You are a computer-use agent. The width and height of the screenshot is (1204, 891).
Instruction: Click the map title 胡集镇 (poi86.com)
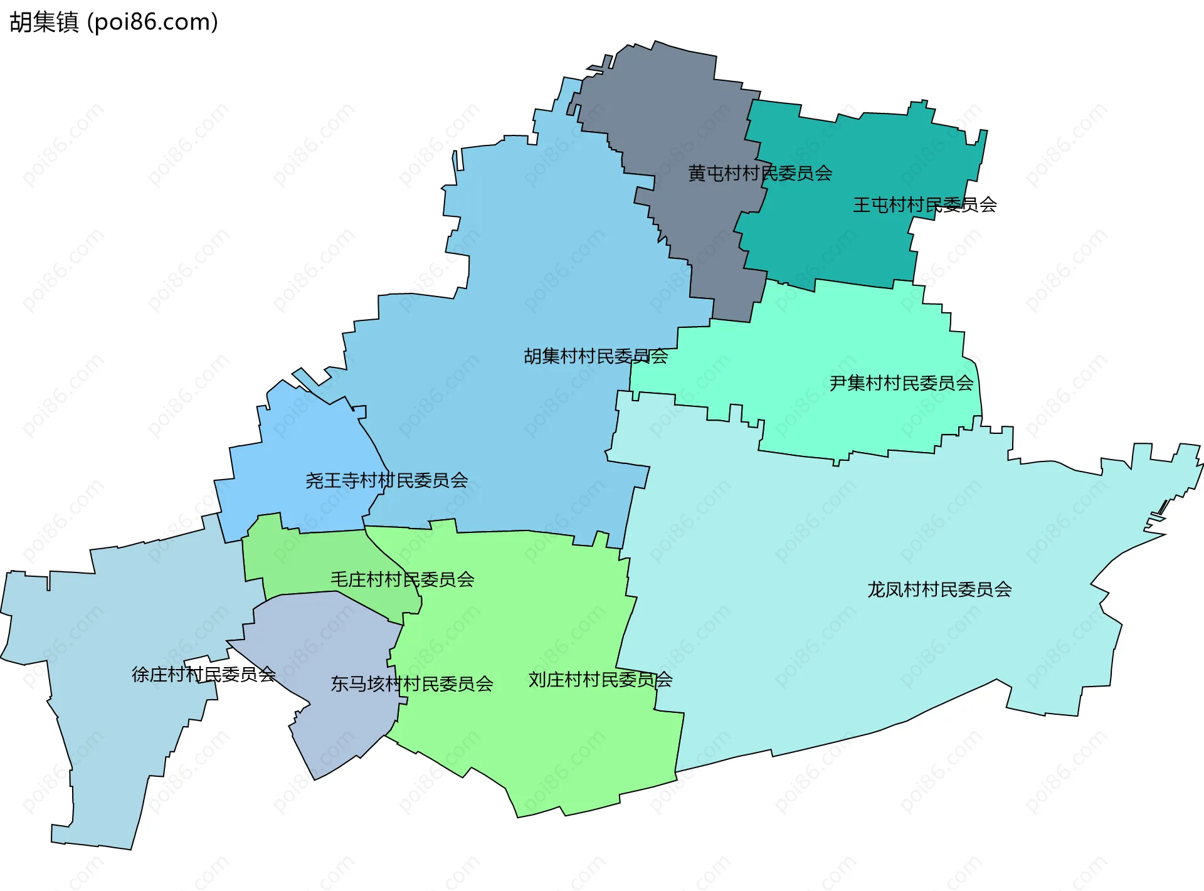coord(114,22)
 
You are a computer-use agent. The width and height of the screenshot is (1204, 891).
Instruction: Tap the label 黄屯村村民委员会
coord(759,173)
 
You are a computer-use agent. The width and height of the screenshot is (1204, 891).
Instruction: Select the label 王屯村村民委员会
coord(924,205)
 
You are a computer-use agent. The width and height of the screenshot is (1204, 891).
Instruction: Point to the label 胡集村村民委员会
coord(596,356)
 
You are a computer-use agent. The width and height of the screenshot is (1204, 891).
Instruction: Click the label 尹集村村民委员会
coord(901,382)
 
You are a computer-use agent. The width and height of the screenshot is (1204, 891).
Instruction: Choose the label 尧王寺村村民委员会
coord(386,480)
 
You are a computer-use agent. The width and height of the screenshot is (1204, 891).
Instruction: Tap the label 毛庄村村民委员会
coord(402,579)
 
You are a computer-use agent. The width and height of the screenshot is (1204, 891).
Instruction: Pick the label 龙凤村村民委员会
coord(939,589)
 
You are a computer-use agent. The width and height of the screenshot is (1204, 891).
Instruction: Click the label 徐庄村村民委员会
coord(203,674)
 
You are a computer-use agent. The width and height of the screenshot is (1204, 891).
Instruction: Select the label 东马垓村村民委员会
coord(411,683)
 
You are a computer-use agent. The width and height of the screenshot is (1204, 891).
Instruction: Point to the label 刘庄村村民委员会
coord(600,680)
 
